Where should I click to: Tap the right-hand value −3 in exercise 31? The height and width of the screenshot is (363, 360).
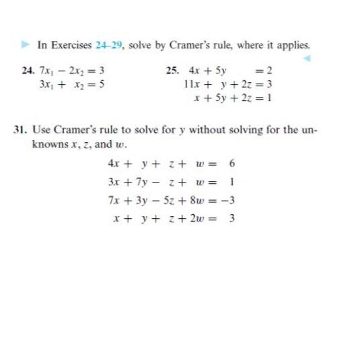click(x=230, y=200)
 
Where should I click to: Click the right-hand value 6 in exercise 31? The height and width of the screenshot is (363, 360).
click(x=232, y=162)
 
